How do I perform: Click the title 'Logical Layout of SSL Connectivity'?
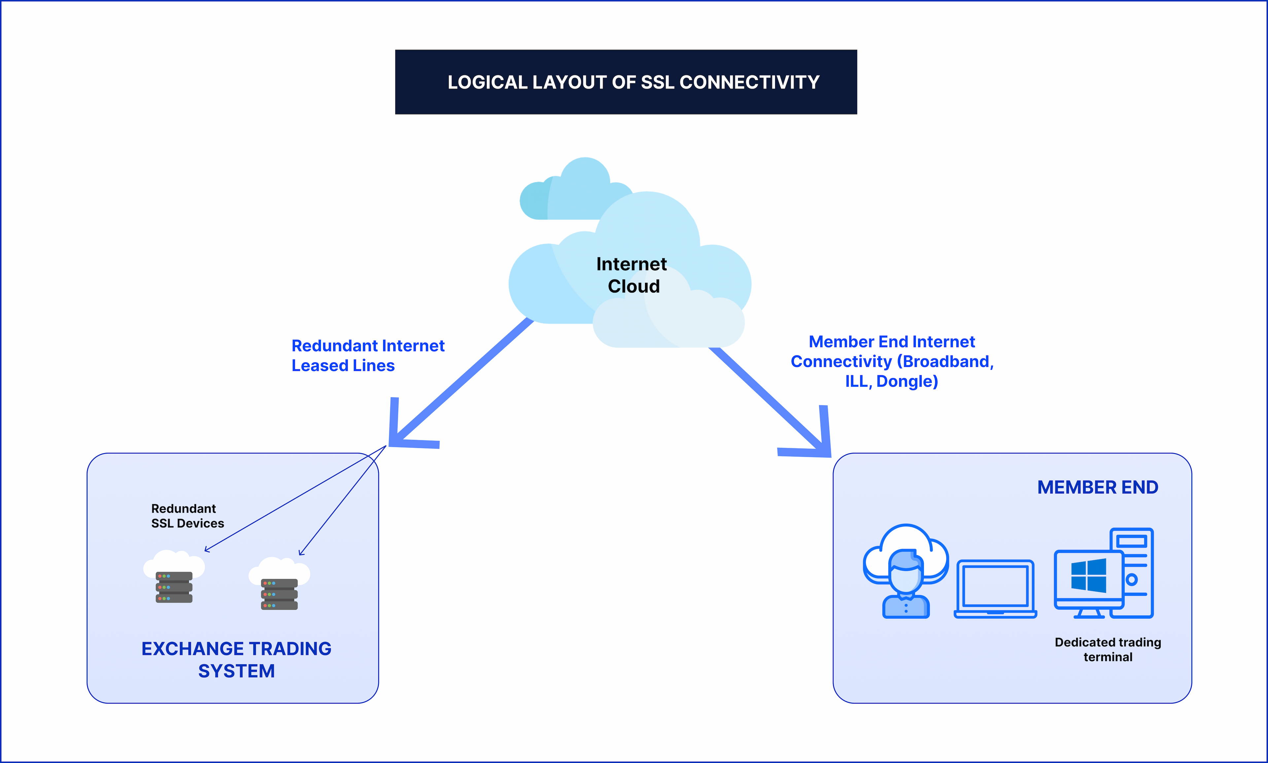coord(633,82)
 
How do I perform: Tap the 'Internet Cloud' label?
coord(632,275)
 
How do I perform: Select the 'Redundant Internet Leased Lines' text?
coord(368,355)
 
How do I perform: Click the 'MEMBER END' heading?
coord(1097,487)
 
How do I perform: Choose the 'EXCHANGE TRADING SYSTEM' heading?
coord(236,660)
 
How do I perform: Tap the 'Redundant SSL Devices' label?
coord(187,516)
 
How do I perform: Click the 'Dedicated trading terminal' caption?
coord(1108,649)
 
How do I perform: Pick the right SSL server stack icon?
coord(279,594)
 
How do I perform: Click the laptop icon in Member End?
coord(995,589)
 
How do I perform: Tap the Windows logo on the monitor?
coord(1089,576)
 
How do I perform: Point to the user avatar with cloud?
coord(906,571)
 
